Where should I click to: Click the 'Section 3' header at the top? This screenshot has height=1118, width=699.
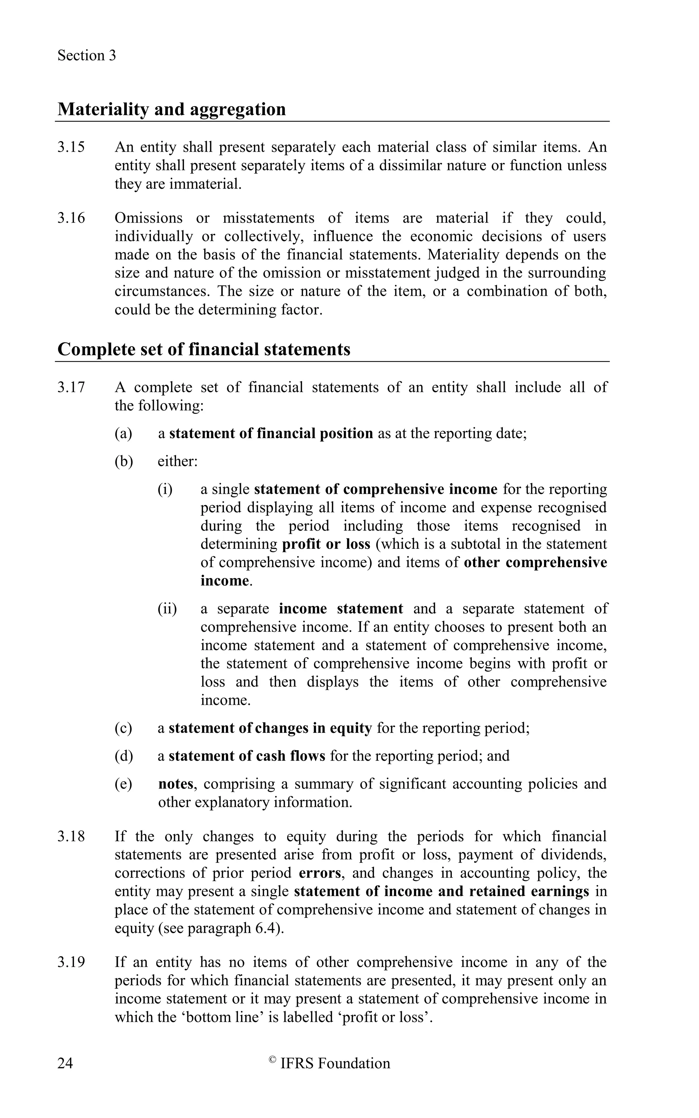(x=86, y=56)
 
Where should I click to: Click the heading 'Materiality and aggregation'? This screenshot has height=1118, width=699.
(x=172, y=109)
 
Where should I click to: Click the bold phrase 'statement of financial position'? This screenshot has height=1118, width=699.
(x=271, y=433)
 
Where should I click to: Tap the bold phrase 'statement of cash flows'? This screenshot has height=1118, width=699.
(x=247, y=756)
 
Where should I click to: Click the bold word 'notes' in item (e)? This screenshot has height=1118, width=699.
(x=175, y=784)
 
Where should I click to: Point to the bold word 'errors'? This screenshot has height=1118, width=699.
(x=320, y=873)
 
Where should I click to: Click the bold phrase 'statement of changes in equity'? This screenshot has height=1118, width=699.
(x=270, y=728)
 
